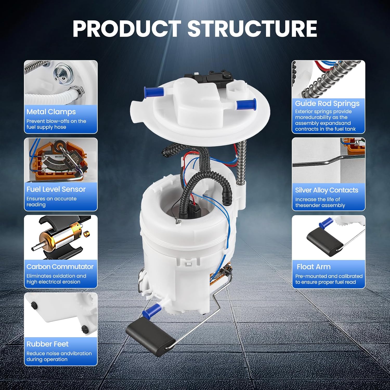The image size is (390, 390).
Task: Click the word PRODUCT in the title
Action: click(127, 29)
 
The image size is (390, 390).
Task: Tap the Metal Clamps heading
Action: click(51, 112)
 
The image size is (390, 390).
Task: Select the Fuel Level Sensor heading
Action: click(56, 189)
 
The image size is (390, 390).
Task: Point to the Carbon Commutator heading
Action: click(60, 267)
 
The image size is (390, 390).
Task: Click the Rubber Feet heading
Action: click(47, 344)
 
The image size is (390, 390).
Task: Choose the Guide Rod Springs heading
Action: click(327, 103)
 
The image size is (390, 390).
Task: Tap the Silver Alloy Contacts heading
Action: click(327, 190)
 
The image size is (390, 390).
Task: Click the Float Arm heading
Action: click(314, 267)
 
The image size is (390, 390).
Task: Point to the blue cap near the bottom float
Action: click(152, 310)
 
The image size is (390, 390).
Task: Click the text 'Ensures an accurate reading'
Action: click(51, 201)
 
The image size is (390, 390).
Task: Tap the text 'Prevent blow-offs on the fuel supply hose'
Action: click(56, 124)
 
